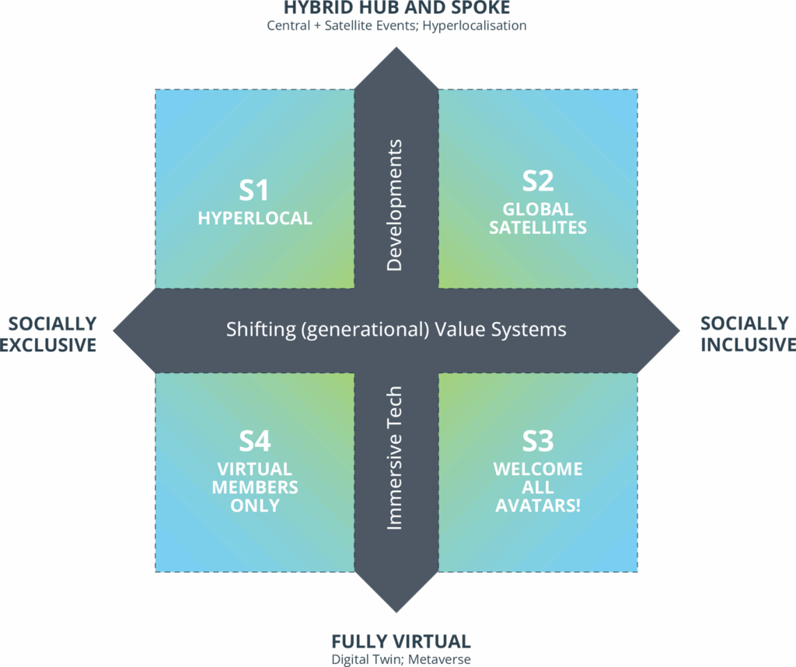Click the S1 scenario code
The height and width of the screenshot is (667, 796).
pyautogui.click(x=254, y=191)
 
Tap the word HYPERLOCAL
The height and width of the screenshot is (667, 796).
pyautogui.click(x=255, y=218)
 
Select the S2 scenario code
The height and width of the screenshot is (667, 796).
pyautogui.click(x=538, y=181)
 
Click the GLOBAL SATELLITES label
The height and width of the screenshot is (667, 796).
pyautogui.click(x=538, y=218)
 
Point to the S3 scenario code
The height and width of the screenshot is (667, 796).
pyautogui.click(x=538, y=442)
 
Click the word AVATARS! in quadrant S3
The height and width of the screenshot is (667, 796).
pyautogui.click(x=538, y=505)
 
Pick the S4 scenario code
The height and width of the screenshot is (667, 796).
pyautogui.click(x=254, y=442)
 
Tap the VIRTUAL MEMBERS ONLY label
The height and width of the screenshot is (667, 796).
pyautogui.click(x=255, y=487)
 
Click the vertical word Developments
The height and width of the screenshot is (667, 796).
pyautogui.click(x=395, y=205)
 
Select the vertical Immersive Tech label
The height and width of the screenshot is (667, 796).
pyautogui.click(x=395, y=458)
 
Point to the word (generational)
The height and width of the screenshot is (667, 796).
pyautogui.click(x=365, y=330)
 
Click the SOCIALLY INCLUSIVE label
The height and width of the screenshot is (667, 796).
pyautogui.click(x=745, y=334)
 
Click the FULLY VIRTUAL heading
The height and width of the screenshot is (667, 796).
pyautogui.click(x=400, y=642)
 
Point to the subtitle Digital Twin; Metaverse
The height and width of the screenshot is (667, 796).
pyautogui.click(x=400, y=659)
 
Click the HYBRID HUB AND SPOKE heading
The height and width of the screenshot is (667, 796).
pyautogui.click(x=396, y=9)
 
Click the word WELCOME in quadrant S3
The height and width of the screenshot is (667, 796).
pyautogui.click(x=538, y=470)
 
